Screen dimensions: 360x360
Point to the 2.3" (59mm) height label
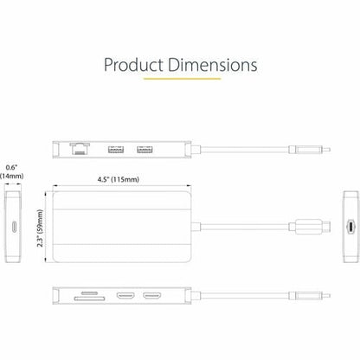pyautogui.click(x=38, y=230)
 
